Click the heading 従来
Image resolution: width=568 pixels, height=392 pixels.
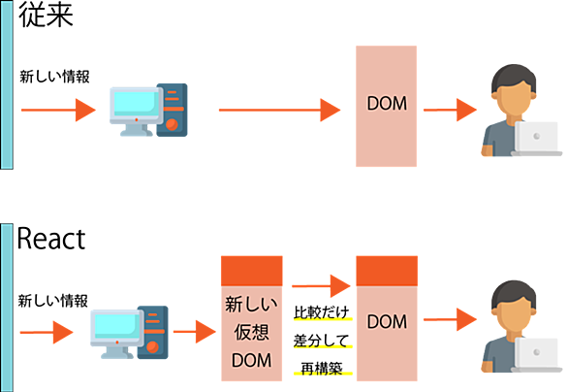(46, 15)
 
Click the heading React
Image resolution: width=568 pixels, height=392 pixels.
(51, 239)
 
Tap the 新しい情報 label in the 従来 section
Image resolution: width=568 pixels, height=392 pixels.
(54, 77)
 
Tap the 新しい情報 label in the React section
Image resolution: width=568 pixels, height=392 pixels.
(53, 301)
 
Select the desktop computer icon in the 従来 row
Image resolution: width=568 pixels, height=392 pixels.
(148, 110)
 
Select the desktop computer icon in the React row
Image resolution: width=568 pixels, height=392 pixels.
(129, 332)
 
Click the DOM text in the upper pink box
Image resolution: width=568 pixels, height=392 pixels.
(387, 104)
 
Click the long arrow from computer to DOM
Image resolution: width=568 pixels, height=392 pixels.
(280, 110)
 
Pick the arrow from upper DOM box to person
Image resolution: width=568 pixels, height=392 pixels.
(450, 110)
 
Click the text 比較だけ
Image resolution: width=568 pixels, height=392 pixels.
(322, 312)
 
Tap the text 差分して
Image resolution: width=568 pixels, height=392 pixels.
(322, 341)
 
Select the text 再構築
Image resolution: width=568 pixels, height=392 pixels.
(322, 369)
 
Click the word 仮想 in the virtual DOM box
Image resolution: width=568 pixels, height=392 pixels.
(251, 332)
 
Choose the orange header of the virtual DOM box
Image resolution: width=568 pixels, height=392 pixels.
(252, 272)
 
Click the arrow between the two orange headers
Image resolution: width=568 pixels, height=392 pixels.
(321, 286)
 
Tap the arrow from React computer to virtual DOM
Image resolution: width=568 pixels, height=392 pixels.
(195, 332)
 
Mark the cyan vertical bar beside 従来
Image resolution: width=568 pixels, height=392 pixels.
(7, 84)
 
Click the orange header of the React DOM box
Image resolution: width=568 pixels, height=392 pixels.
(387, 272)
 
